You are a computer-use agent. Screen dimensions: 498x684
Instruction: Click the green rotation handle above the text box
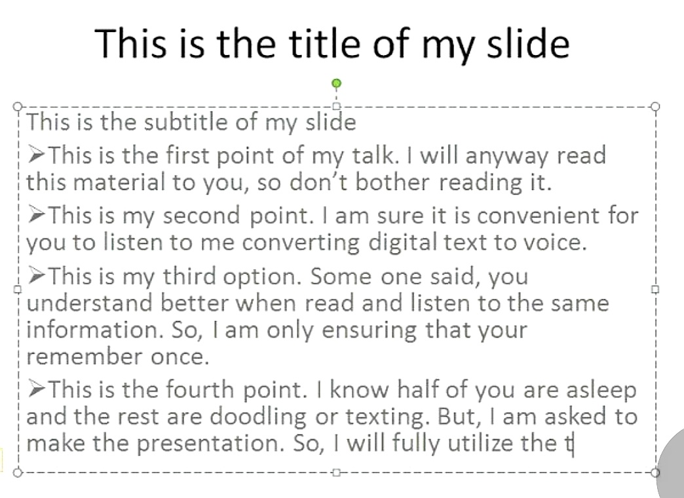point(336,83)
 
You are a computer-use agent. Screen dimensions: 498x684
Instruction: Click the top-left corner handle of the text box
point(18,105)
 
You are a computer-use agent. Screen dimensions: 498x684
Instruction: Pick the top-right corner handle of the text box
point(655,106)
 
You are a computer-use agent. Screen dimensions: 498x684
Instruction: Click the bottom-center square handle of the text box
point(336,472)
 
